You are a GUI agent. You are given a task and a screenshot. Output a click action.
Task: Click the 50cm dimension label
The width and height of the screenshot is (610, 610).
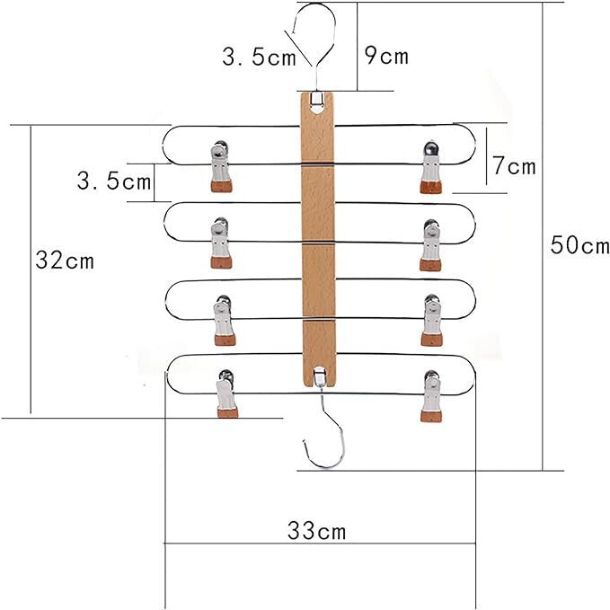click(x=579, y=245)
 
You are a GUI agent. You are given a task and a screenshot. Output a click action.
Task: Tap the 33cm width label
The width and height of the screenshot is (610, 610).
click(x=316, y=531)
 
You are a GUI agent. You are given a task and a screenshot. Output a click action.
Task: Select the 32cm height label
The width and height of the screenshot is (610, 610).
click(x=65, y=260)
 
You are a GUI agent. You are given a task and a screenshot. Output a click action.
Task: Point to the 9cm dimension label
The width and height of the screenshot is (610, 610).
click(x=386, y=56)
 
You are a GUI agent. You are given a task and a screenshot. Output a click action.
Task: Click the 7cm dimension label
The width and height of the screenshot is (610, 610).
click(x=514, y=165)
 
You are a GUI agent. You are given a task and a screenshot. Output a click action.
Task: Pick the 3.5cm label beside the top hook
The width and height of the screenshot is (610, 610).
click(x=259, y=57)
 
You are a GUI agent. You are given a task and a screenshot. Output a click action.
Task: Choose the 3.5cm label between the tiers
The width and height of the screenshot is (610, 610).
click(x=113, y=181)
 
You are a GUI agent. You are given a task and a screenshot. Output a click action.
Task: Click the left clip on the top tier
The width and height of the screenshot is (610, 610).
click(x=221, y=165)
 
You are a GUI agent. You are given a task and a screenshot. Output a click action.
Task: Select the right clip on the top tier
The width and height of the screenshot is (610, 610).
click(x=430, y=167)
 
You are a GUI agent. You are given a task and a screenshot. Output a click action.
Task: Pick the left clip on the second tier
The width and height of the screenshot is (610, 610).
click(x=221, y=243)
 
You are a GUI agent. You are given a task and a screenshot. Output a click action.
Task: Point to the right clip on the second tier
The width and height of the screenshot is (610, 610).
click(x=430, y=245)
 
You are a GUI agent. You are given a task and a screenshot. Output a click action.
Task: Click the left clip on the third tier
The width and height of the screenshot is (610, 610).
click(x=224, y=320)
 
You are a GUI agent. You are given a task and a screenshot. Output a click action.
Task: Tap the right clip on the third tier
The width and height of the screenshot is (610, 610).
click(x=431, y=320)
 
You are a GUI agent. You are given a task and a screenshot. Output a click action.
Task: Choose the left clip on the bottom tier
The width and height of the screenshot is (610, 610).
click(x=226, y=393)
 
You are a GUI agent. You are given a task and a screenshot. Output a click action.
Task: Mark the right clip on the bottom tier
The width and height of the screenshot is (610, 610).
click(x=431, y=396)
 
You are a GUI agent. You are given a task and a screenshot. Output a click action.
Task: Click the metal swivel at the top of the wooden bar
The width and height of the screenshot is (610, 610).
click(x=317, y=99)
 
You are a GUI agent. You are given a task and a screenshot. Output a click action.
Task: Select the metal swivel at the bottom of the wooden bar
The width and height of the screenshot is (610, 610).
click(x=320, y=376)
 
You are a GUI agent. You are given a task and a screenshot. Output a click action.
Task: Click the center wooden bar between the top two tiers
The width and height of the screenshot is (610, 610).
click(x=318, y=183)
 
